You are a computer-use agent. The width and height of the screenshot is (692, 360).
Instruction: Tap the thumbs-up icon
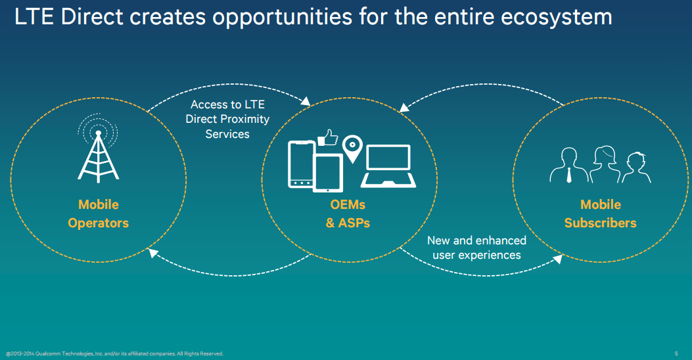[328, 138]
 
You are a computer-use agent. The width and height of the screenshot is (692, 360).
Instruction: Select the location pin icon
[352, 148]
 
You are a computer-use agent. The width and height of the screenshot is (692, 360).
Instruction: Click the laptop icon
[388, 166]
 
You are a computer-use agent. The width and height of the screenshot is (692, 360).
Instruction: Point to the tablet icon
[328, 173]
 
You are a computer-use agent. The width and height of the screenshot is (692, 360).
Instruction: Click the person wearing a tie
[568, 166]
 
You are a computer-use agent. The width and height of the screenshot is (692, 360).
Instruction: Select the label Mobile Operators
[99, 214]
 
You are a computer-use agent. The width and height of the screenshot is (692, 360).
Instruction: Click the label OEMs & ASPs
[348, 214]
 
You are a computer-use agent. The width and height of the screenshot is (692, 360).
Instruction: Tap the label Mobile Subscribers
[600, 214]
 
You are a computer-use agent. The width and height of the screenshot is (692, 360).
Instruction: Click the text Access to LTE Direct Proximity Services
[227, 119]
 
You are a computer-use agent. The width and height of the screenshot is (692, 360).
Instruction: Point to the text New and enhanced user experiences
[476, 248]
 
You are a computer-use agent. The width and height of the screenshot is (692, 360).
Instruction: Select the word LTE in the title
[34, 17]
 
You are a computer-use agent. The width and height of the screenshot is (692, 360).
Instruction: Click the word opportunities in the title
[283, 18]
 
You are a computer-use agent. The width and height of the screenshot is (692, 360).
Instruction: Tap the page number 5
[676, 353]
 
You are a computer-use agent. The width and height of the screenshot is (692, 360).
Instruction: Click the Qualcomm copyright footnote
[115, 353]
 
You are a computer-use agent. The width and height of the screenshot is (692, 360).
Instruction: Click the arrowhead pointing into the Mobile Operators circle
[152, 253]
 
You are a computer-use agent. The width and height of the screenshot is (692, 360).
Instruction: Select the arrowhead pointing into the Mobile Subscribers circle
[558, 259]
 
